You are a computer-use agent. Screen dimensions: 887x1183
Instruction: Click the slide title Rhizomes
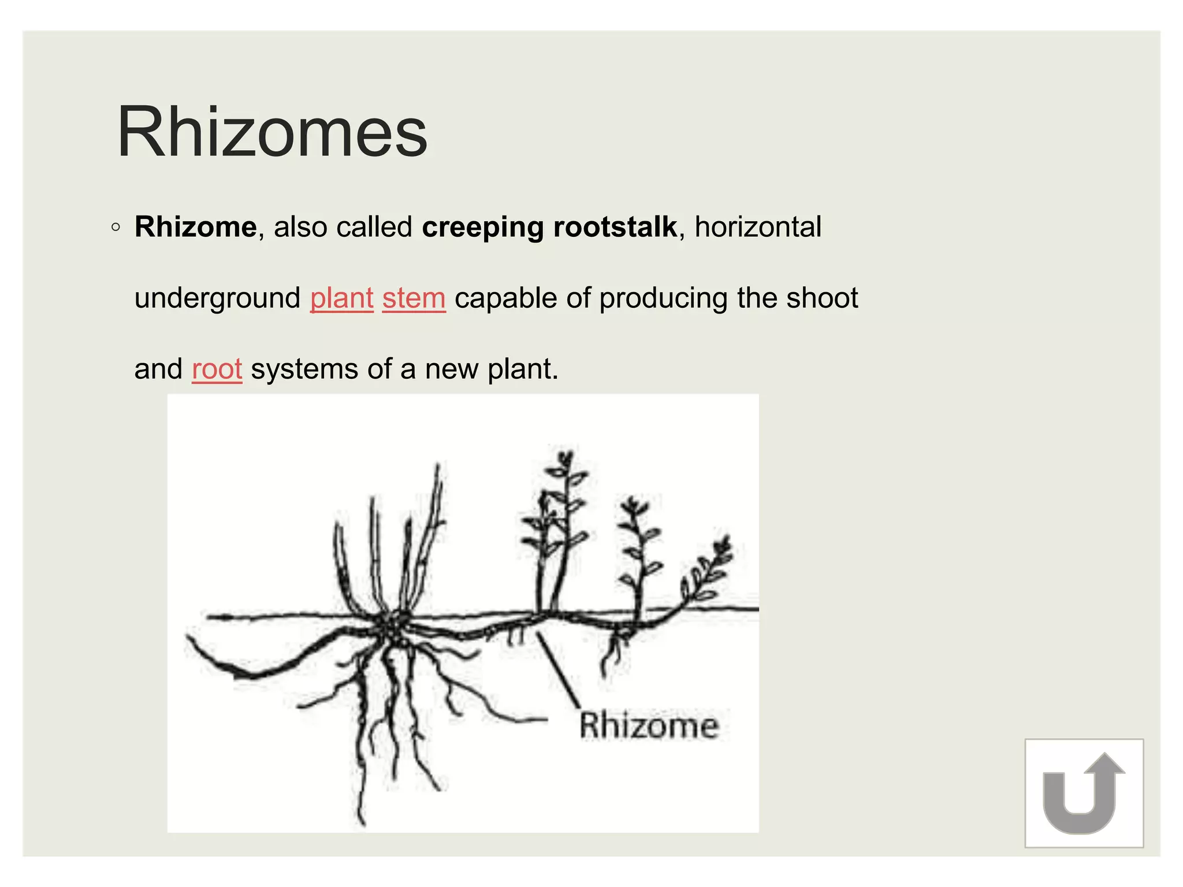(272, 133)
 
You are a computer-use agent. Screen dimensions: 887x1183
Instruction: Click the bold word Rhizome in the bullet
(195, 227)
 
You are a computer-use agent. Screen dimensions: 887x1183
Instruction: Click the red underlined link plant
(341, 299)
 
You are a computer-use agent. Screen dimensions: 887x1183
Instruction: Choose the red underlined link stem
(414, 299)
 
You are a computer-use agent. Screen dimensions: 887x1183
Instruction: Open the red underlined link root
(217, 370)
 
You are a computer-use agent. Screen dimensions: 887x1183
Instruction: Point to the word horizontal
(757, 227)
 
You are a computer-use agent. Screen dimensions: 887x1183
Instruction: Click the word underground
(217, 299)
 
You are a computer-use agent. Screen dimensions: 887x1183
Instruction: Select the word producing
(663, 299)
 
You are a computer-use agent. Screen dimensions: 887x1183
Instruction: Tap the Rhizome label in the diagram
(649, 726)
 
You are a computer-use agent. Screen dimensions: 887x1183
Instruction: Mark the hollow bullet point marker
(116, 228)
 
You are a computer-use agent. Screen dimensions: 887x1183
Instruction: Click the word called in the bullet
(374, 227)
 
